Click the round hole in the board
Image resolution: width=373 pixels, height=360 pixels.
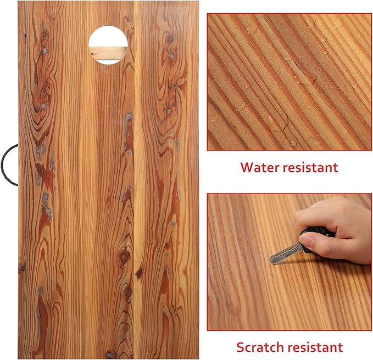point(108,45)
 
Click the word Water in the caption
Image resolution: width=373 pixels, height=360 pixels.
point(259,167)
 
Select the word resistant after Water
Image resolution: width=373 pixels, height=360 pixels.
point(310,167)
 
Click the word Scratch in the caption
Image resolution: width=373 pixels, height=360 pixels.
point(260,347)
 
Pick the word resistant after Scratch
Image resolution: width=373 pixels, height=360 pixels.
point(315,347)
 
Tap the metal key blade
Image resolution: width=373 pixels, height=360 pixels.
point(286,254)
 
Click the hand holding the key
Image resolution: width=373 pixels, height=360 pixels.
point(333,230)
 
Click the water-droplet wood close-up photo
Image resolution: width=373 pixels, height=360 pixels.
point(289,82)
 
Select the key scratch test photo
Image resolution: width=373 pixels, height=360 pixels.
point(289,262)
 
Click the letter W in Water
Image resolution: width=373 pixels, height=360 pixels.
point(247,167)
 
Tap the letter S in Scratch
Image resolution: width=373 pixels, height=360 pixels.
point(241,347)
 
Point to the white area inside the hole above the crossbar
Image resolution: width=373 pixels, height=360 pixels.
point(108,36)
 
